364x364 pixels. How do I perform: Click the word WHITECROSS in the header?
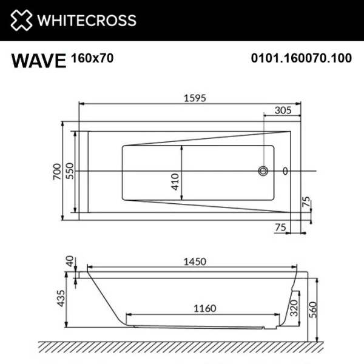pyautogui.click(x=87, y=21)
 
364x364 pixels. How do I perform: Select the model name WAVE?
pyautogui.click(x=38, y=61)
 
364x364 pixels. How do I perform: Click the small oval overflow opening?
pyautogui.click(x=286, y=172)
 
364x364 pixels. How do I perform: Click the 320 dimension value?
pyautogui.click(x=294, y=308)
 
